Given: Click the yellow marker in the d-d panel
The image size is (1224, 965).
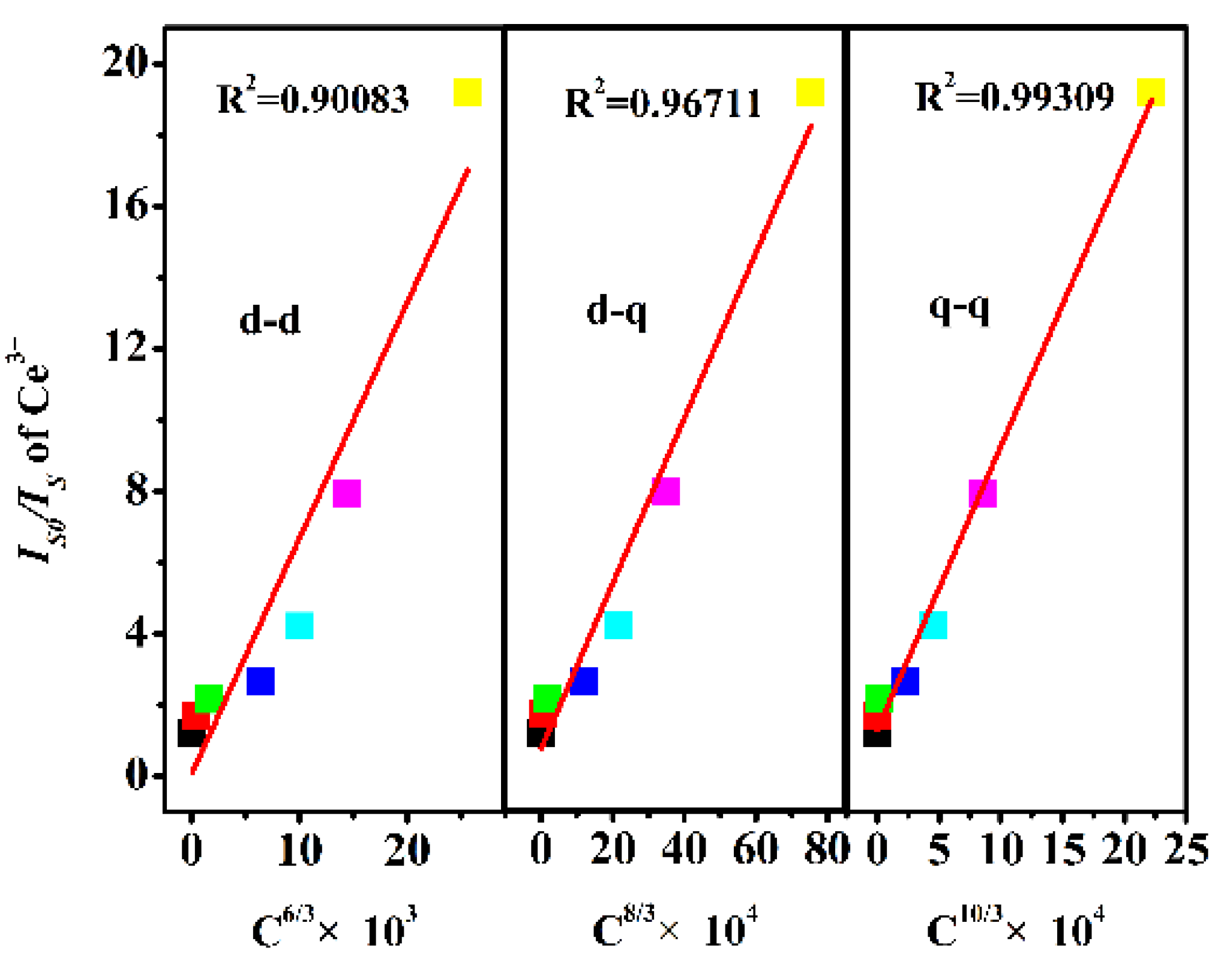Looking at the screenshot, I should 467,92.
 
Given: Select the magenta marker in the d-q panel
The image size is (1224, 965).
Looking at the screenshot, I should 665,492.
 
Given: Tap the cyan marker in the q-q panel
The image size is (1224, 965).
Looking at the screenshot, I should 933,625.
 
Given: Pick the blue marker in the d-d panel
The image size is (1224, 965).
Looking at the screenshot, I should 260,681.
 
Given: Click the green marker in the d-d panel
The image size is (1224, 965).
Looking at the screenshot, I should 209,698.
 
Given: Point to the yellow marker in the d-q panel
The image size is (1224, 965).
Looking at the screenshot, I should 810,92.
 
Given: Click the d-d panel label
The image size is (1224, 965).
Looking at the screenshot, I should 270,320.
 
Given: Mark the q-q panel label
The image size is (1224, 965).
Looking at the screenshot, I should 959,310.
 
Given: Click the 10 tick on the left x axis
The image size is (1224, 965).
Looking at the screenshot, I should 299,850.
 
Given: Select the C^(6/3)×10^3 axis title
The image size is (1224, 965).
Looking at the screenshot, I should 334,928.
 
